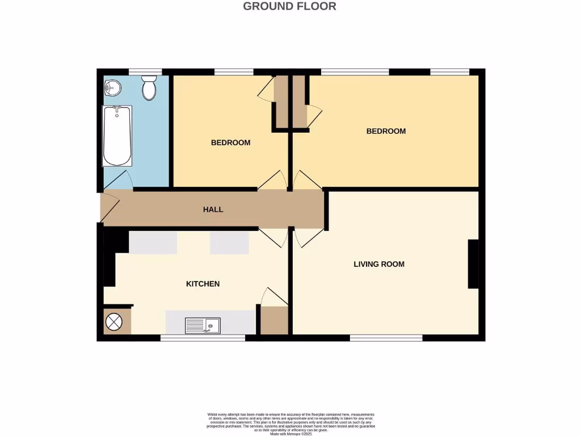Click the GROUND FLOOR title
click(x=289, y=6)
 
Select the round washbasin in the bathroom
click(x=113, y=87)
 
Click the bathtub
click(x=117, y=136)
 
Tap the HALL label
click(x=213, y=209)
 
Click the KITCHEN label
click(x=203, y=284)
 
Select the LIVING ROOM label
click(x=378, y=264)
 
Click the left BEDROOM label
click(x=230, y=142)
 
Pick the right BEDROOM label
click(x=386, y=131)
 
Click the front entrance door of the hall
click(x=110, y=208)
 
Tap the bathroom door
click(x=118, y=181)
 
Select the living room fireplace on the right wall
click(x=472, y=265)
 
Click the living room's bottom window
click(x=386, y=338)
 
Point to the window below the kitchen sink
click(x=203, y=338)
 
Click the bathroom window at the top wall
click(x=145, y=72)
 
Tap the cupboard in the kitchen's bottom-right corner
click(x=274, y=321)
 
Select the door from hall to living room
click(x=308, y=237)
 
